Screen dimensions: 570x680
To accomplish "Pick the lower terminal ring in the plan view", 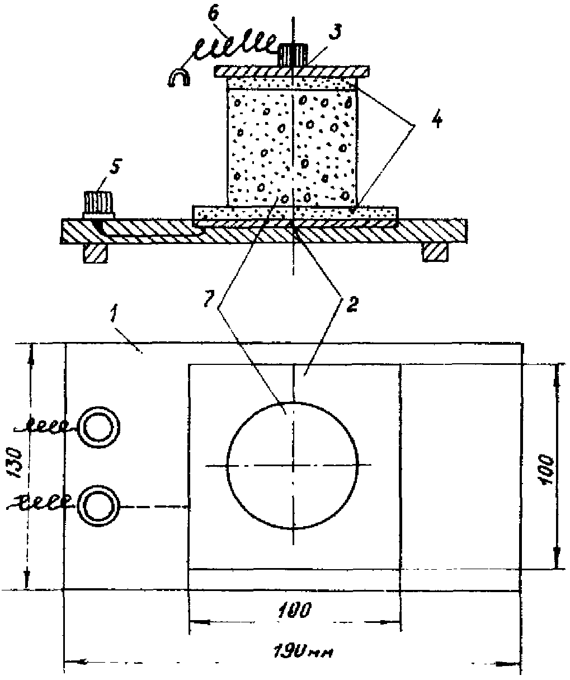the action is pyautogui.click(x=98, y=504).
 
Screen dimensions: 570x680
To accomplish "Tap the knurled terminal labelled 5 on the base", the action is pyautogui.click(x=99, y=204).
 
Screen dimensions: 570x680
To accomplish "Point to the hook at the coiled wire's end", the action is pyautogui.click(x=179, y=78).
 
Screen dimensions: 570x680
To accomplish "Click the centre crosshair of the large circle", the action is pyautogui.click(x=293, y=465).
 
